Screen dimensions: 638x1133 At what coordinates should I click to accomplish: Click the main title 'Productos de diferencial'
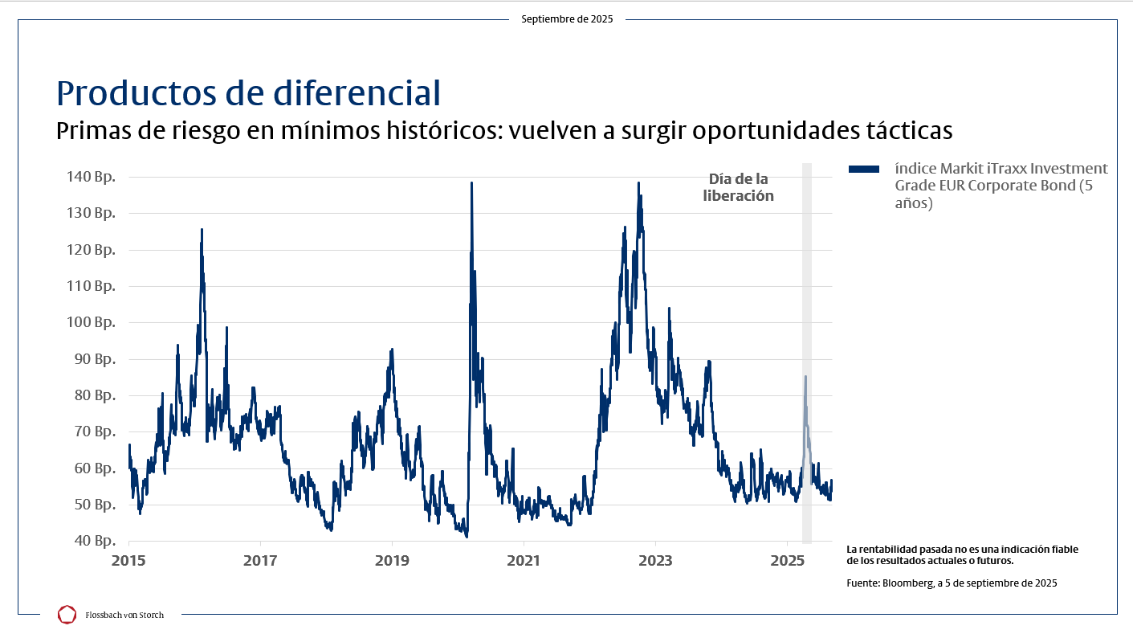pos(249,92)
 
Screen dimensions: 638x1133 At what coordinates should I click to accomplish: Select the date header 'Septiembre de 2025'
pos(567,19)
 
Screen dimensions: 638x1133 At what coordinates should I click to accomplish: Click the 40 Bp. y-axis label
pos(92,541)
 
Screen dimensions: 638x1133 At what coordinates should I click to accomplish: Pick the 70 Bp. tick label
pos(92,431)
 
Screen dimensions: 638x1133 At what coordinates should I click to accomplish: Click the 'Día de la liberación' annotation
pos(738,187)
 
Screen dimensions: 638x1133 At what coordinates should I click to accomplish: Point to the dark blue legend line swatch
pos(864,169)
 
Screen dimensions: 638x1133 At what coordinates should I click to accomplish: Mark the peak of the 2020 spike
pos(471,183)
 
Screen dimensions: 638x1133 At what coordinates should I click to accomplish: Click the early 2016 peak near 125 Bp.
pos(202,230)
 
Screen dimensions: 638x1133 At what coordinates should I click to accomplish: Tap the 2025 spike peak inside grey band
pos(805,377)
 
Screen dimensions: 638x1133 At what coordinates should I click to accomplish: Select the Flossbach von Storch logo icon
pos(67,615)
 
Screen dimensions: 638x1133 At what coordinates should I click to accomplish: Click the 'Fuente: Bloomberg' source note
pos(952,583)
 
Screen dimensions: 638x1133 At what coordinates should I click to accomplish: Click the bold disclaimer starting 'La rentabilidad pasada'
pos(962,554)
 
